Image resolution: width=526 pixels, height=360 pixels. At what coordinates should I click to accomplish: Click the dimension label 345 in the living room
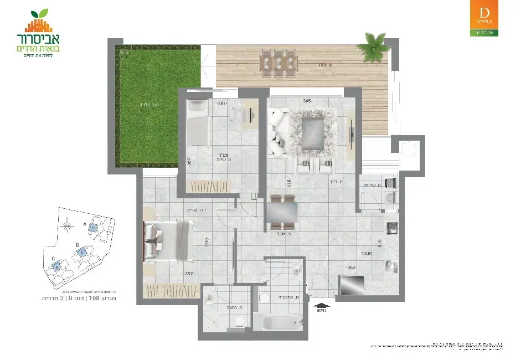point(307,101)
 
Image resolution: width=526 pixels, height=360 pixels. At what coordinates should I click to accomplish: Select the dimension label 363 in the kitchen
point(351,267)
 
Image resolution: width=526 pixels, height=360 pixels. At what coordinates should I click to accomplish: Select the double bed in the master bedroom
point(169,240)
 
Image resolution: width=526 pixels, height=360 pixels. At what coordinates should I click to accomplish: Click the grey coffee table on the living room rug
point(313,131)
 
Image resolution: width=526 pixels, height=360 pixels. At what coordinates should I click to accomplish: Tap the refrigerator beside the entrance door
point(351,285)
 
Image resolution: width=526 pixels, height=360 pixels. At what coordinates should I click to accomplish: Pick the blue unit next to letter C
point(56,266)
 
